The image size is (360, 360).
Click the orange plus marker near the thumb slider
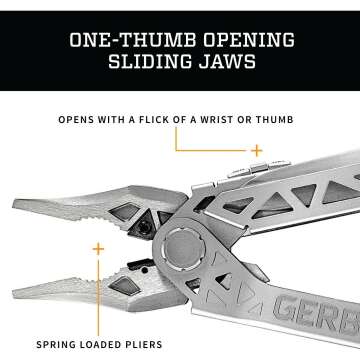point(257,150)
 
